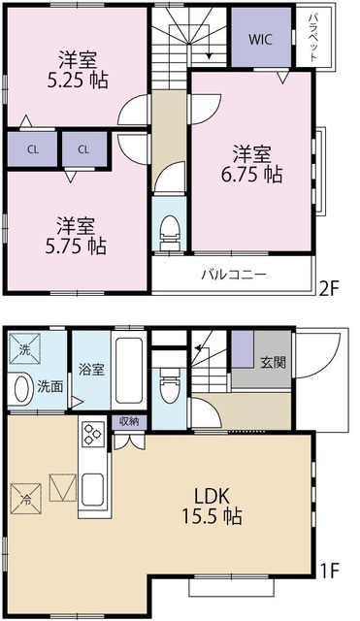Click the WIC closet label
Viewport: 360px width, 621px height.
[260, 40]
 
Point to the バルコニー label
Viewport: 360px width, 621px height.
[233, 274]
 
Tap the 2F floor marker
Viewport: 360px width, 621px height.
[330, 286]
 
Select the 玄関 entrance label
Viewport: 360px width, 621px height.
[273, 362]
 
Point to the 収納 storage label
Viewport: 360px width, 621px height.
[129, 421]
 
